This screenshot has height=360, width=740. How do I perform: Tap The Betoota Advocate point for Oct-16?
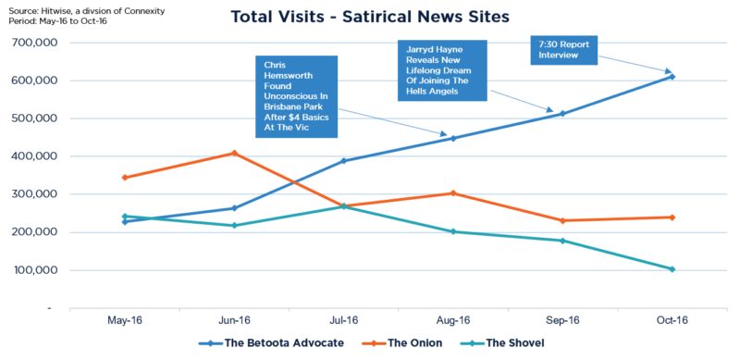(672, 76)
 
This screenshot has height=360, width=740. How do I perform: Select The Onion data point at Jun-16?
(234, 153)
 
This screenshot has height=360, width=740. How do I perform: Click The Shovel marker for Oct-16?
(672, 269)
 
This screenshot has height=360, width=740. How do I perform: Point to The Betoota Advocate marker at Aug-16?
(453, 138)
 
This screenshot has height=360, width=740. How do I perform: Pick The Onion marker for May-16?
(125, 177)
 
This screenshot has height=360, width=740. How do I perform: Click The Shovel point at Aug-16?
(453, 231)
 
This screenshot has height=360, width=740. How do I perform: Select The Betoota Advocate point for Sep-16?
(562, 114)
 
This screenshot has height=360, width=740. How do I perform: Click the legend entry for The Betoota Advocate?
(269, 343)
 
